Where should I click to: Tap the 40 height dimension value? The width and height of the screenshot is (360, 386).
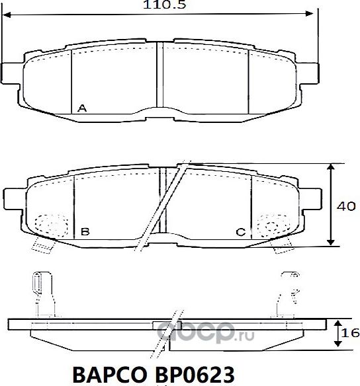(345, 206)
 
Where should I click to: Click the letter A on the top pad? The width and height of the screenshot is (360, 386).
(81, 107)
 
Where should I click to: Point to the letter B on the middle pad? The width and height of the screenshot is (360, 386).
(84, 232)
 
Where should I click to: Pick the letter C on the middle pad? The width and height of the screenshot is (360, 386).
(241, 232)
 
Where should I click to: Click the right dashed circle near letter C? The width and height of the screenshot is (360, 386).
(271, 226)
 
